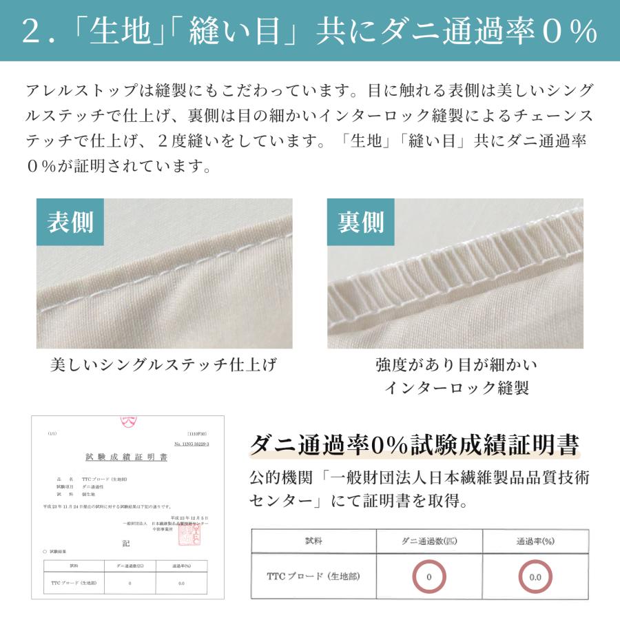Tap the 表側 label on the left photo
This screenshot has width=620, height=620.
(x=70, y=223)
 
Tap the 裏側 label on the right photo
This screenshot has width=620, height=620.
(x=360, y=223)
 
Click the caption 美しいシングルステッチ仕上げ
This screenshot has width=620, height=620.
(x=163, y=365)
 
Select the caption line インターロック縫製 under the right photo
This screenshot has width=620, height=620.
(x=456, y=388)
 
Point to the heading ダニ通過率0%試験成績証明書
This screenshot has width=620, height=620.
(x=413, y=444)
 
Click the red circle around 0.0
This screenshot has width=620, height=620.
(x=535, y=577)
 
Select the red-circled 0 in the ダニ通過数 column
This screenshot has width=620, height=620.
(x=428, y=577)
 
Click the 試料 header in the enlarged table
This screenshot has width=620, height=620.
(x=313, y=541)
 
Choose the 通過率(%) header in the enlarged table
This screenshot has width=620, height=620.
(x=535, y=541)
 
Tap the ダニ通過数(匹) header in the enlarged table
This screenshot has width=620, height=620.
(x=428, y=541)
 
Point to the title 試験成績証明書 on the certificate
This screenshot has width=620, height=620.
(x=126, y=457)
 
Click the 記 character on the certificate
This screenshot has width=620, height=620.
(x=125, y=543)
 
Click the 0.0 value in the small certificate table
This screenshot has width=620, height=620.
(x=181, y=583)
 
